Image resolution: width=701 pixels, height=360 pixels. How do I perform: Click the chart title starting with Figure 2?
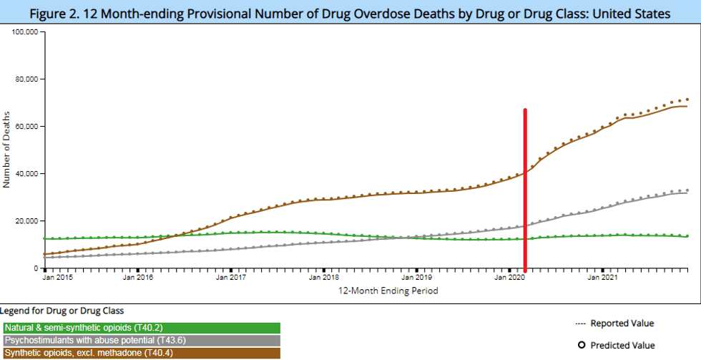350,14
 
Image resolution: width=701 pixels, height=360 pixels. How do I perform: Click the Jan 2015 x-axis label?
58,277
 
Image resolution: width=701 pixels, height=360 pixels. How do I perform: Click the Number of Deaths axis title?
7,150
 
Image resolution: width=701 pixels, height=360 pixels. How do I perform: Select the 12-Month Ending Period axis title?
388,291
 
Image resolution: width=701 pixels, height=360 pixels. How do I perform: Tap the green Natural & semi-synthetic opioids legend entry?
140,328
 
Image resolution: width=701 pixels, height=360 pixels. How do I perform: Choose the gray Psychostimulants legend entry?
140,341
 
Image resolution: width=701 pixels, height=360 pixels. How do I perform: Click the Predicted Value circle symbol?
582,345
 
